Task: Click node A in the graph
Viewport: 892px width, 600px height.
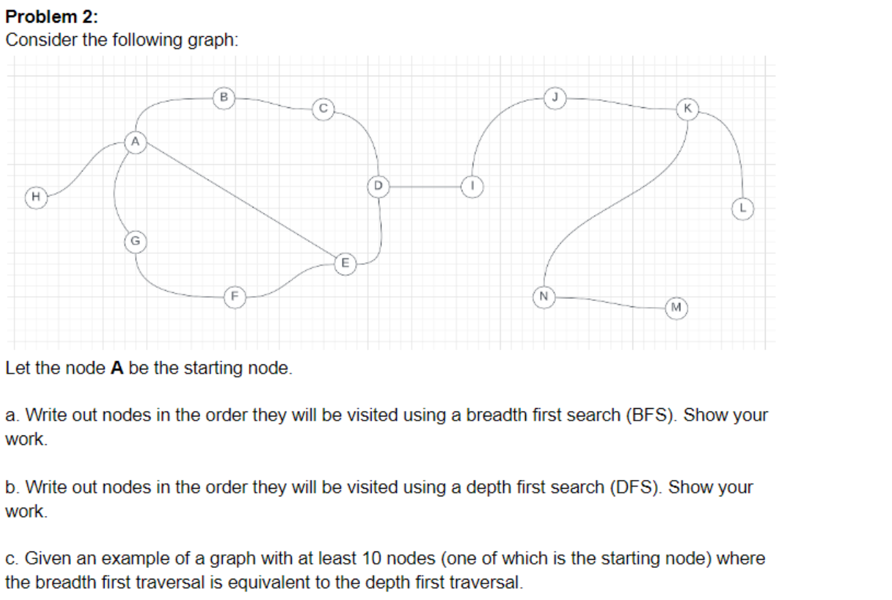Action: (135, 142)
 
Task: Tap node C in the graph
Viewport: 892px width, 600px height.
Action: (323, 108)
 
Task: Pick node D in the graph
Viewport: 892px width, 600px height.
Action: (377, 185)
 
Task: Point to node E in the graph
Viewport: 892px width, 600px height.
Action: (345, 262)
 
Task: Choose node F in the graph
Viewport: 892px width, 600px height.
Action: (234, 297)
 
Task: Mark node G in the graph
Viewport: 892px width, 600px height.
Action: (135, 241)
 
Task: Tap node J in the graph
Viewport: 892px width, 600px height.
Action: (556, 97)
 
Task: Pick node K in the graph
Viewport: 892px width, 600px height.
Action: (687, 109)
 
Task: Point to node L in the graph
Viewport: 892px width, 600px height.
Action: (742, 208)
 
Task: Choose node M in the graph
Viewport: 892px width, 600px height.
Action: (675, 308)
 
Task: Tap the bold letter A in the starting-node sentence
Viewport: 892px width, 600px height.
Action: (117, 369)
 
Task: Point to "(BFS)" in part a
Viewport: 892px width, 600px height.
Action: (652, 415)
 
